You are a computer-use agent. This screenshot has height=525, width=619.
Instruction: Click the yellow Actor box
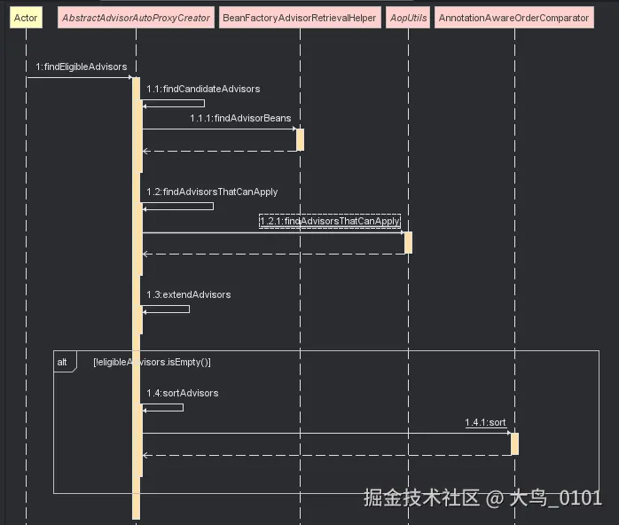[26, 17]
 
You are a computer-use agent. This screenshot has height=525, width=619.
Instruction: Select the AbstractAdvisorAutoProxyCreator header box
[136, 17]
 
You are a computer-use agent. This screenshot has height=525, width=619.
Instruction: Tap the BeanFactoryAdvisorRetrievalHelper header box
[300, 17]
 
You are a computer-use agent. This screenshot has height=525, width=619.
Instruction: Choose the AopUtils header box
[408, 17]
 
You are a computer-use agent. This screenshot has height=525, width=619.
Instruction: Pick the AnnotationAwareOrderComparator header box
[514, 17]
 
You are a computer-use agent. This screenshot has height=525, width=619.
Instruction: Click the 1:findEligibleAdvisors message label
[81, 67]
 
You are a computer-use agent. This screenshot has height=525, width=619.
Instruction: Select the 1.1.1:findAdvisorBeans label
[239, 118]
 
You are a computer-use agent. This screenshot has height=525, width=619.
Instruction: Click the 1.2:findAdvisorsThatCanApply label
[212, 192]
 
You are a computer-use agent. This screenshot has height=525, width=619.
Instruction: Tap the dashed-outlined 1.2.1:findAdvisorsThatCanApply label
[330, 220]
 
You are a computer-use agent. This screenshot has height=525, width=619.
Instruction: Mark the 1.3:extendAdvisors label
[189, 294]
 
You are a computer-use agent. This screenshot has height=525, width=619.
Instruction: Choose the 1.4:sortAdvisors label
[183, 393]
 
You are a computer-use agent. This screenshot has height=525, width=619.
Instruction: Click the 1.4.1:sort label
[485, 423]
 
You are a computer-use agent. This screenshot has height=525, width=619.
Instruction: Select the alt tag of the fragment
[62, 362]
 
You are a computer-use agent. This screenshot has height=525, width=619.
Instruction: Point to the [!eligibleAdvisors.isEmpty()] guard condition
[152, 362]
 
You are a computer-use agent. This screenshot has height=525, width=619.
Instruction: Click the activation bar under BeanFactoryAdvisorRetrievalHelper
[300, 139]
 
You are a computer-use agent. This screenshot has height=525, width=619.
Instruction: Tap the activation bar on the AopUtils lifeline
[408, 242]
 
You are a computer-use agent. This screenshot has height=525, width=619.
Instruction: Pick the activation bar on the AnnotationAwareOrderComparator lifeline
[514, 443]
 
